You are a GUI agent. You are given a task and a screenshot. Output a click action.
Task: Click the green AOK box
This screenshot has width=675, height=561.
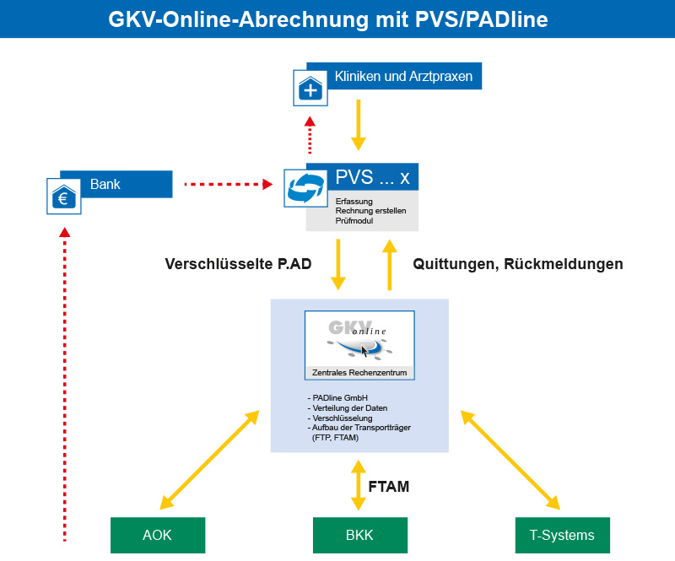pyautogui.click(x=158, y=535)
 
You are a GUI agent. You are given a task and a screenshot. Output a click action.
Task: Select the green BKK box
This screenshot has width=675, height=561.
pyautogui.click(x=360, y=535)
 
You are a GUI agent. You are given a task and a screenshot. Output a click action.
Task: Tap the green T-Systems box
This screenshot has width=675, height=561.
pyautogui.click(x=562, y=535)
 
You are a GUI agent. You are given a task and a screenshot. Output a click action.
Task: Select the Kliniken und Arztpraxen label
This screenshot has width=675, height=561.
pyautogui.click(x=402, y=78)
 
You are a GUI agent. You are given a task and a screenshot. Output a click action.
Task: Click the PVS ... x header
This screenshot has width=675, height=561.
pyautogui.click(x=372, y=177)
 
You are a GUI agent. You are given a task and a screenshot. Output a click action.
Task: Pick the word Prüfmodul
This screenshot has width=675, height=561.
pyautogui.click(x=355, y=221)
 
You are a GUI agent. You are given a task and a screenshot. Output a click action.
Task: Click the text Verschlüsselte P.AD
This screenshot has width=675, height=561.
pyautogui.click(x=238, y=264)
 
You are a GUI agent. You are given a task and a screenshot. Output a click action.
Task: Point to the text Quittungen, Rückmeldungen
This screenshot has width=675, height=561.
pyautogui.click(x=518, y=264)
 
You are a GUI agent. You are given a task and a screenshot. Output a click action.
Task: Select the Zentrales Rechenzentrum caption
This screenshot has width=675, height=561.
pyautogui.click(x=359, y=371)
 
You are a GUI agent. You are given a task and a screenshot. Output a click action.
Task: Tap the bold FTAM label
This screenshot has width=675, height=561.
pyautogui.click(x=389, y=486)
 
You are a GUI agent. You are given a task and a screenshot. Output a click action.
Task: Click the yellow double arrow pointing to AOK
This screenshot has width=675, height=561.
pyautogui.click(x=208, y=460)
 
